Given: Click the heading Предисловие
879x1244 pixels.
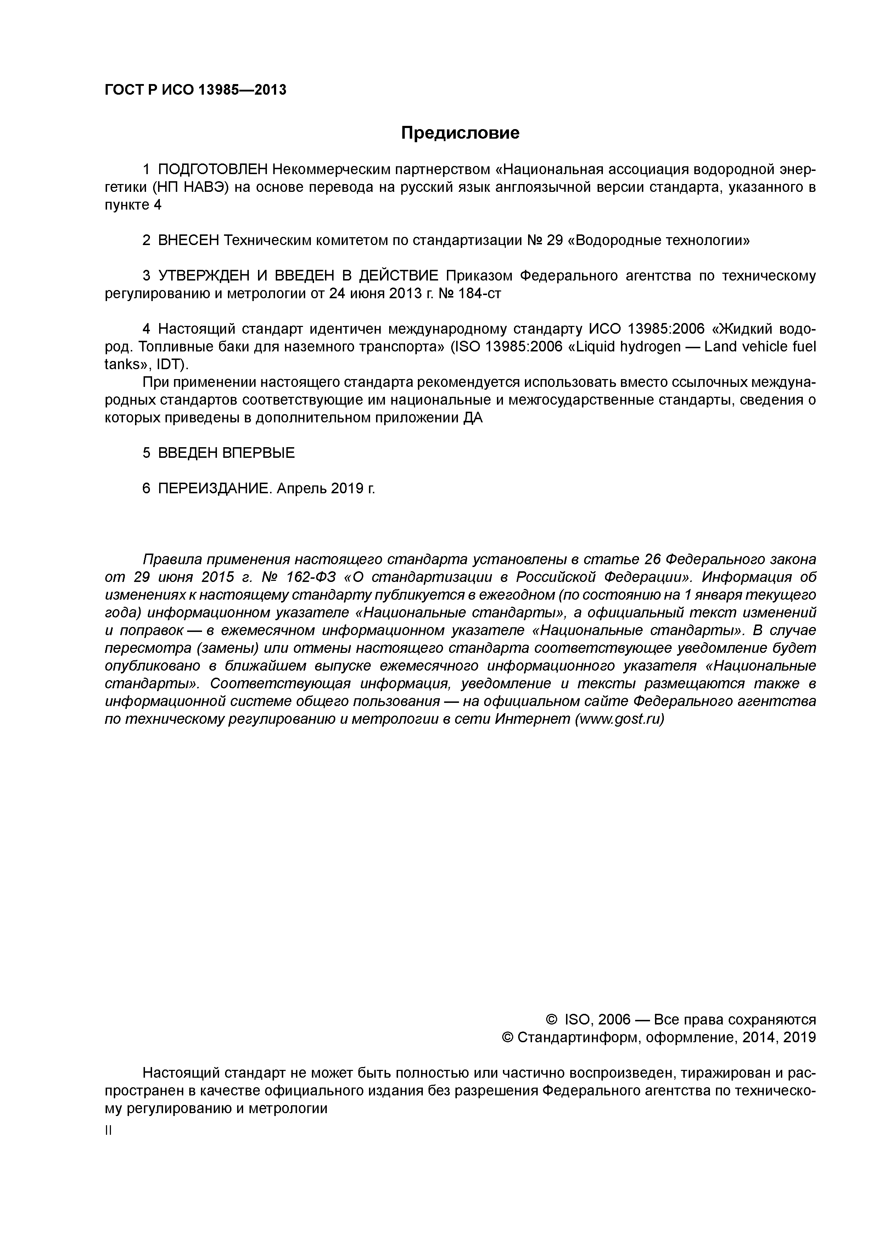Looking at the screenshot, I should [460, 133].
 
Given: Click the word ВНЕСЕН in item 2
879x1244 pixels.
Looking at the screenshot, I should [189, 240].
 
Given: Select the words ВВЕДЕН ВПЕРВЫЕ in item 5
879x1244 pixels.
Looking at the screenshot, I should [226, 453].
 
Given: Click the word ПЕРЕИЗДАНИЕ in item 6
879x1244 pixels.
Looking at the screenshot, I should [214, 489].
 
